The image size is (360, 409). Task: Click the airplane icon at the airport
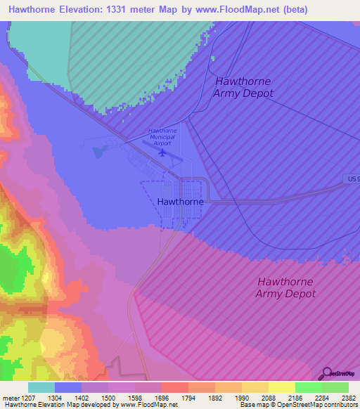[162, 152]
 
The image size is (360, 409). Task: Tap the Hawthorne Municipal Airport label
[162, 136]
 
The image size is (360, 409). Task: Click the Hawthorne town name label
[181, 202]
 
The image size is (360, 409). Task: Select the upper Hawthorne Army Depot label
[243, 87]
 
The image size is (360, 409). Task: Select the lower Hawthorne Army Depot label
[285, 287]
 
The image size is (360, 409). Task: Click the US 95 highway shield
[353, 179]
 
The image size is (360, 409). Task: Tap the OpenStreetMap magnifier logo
[326, 373]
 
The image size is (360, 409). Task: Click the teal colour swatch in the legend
[41, 387]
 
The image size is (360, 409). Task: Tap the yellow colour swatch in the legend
[281, 387]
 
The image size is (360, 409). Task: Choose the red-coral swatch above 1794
[174, 387]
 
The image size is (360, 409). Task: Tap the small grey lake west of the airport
[97, 150]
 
